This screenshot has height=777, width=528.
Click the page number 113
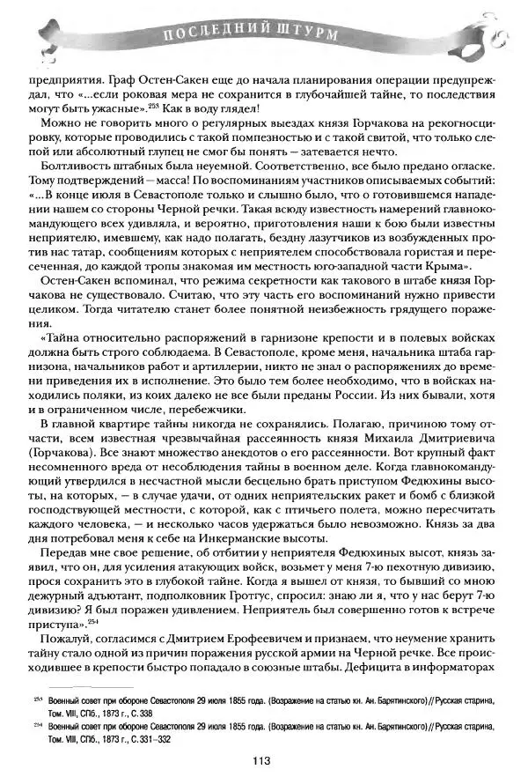click(x=260, y=761)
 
